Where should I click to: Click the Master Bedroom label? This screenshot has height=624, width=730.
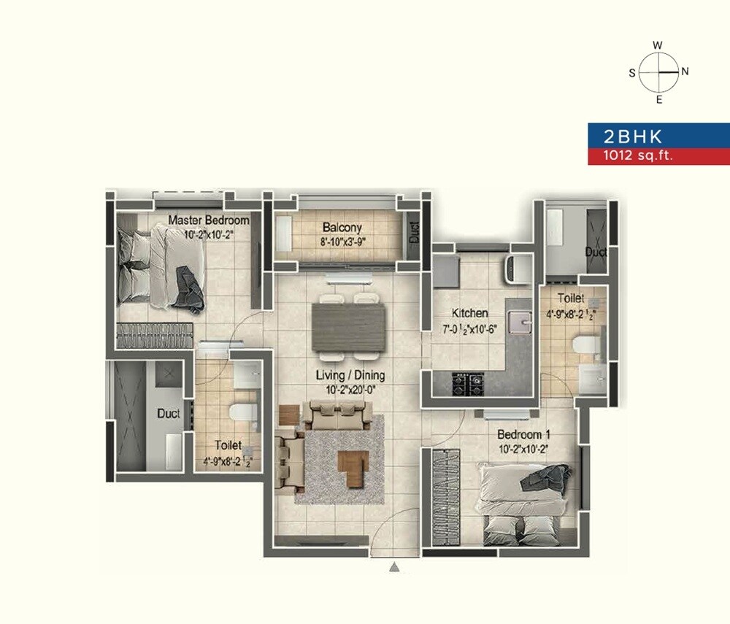[x=209, y=220]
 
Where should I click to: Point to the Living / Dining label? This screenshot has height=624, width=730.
[x=350, y=376]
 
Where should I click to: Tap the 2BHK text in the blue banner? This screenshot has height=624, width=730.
[x=623, y=136]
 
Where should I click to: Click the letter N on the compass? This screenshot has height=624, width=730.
[x=685, y=72]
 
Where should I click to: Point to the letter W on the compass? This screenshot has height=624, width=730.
[x=658, y=45]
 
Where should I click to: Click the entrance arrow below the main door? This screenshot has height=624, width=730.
[x=394, y=566]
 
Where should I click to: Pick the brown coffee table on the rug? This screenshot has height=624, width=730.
[x=353, y=462]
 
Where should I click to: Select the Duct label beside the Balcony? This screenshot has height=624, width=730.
[x=415, y=233]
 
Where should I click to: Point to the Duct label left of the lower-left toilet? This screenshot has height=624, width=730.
[x=169, y=413]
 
